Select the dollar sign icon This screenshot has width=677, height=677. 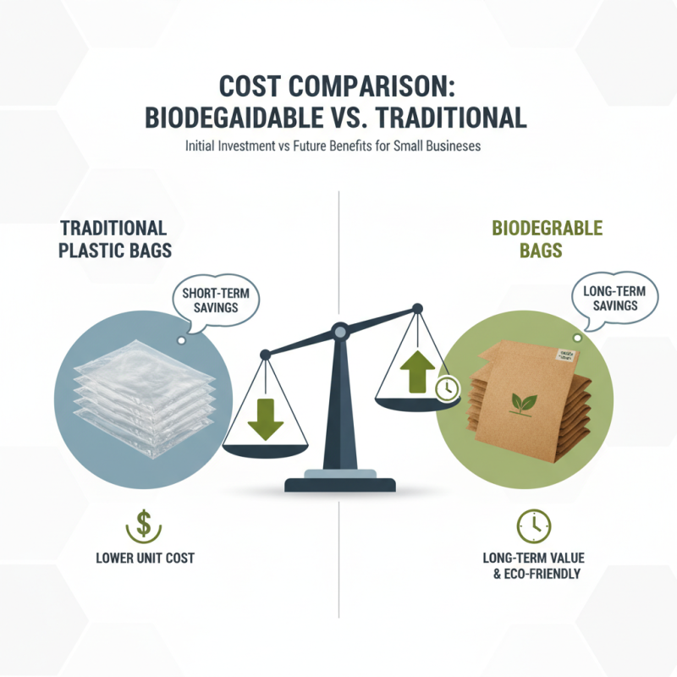pos(143,526)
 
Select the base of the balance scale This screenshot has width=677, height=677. pos(339,485)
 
